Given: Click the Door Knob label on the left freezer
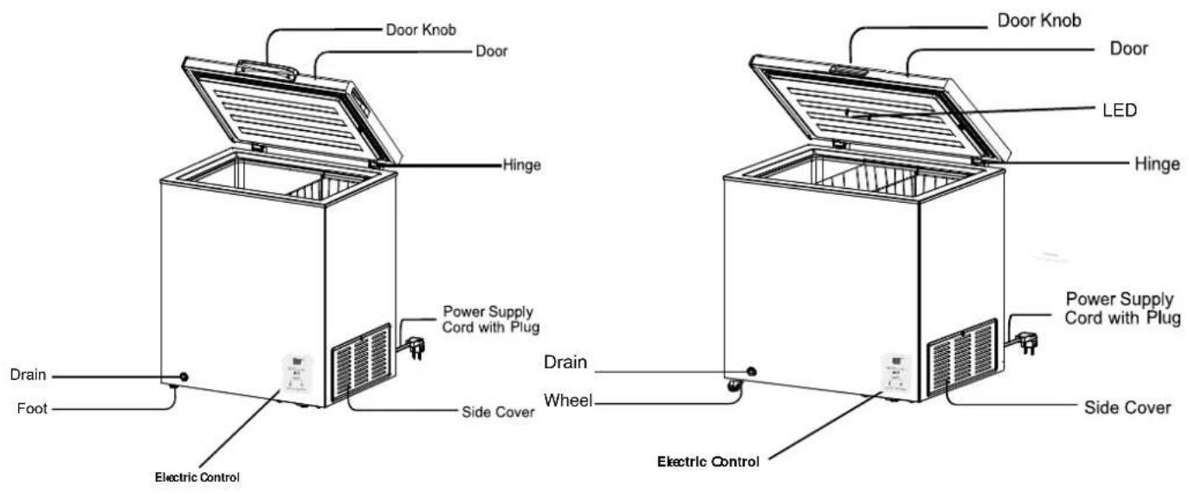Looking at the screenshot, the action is click(x=421, y=29).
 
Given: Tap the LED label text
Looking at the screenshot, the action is click(x=1120, y=110).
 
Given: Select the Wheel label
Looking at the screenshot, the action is click(x=568, y=400).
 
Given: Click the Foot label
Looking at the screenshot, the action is click(x=32, y=408).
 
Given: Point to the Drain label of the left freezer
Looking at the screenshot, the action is click(x=28, y=375).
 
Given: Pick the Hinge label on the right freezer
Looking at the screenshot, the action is click(x=1157, y=164).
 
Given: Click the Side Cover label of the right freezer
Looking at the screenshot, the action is click(x=1128, y=408).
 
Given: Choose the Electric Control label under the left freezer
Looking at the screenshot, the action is click(x=197, y=478).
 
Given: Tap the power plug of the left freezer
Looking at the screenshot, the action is click(x=417, y=348).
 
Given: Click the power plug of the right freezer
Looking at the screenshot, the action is click(x=1027, y=342).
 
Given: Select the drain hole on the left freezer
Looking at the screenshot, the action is click(x=184, y=377).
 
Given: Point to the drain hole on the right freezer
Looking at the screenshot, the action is click(x=751, y=371).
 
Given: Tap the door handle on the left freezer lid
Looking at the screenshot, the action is click(x=267, y=70).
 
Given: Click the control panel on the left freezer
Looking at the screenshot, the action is click(x=297, y=374).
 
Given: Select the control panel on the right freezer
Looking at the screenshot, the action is click(x=897, y=372).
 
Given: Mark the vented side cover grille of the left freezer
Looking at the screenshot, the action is click(x=361, y=361).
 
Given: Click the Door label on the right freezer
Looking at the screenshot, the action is click(x=1128, y=49).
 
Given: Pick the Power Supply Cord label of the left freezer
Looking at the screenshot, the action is click(x=490, y=319).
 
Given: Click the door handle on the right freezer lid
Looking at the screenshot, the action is click(x=850, y=69).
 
